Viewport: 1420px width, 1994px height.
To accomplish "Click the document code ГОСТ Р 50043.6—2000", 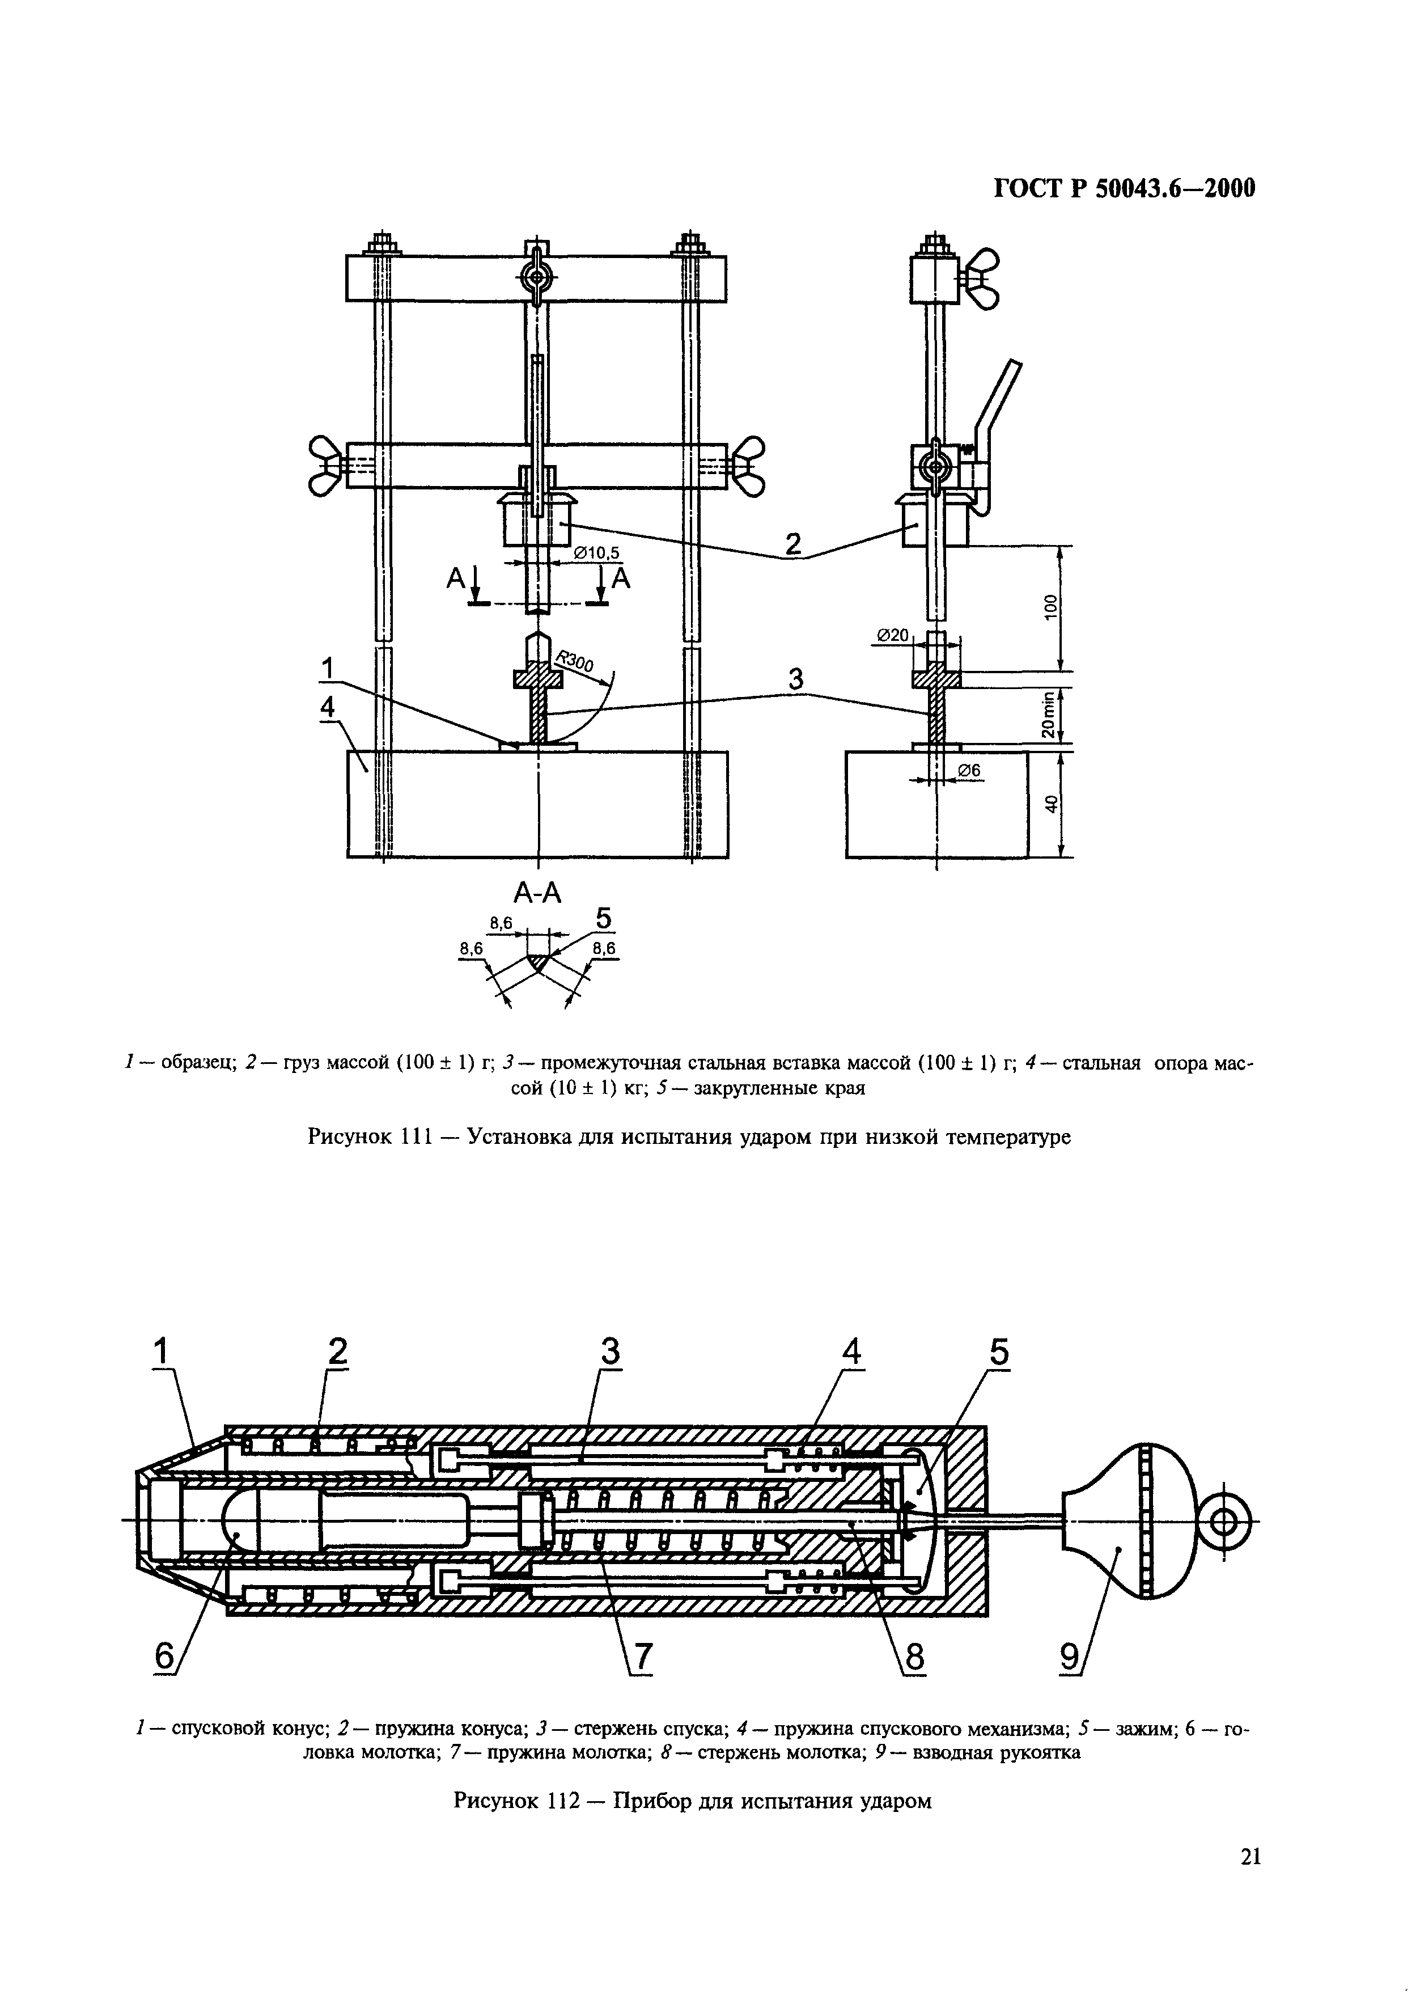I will coord(1125,189).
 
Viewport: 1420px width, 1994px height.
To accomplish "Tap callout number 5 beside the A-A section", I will coord(603,918).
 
